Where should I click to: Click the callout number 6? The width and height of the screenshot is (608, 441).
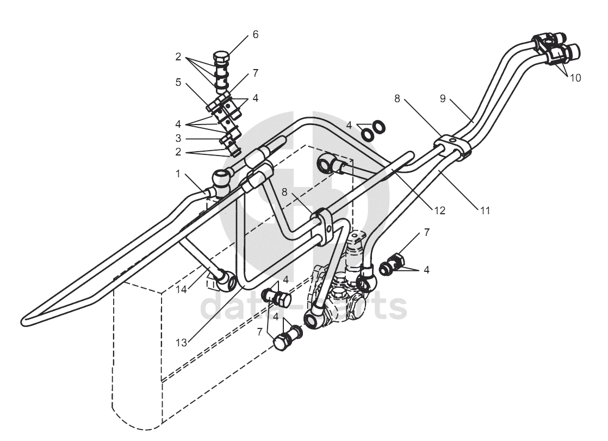click(x=255, y=34)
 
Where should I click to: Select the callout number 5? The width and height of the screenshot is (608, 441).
click(x=178, y=82)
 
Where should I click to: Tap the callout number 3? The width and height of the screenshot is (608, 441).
click(x=178, y=138)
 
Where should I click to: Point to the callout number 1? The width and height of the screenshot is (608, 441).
click(x=178, y=174)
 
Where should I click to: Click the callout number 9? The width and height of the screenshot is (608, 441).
click(x=443, y=98)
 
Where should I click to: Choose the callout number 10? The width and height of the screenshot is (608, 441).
click(x=575, y=78)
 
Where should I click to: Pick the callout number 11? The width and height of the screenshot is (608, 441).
click(x=485, y=210)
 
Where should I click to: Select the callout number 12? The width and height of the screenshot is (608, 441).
click(x=440, y=210)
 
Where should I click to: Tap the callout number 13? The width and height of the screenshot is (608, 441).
click(x=181, y=343)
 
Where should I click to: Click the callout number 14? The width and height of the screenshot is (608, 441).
click(x=181, y=289)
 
